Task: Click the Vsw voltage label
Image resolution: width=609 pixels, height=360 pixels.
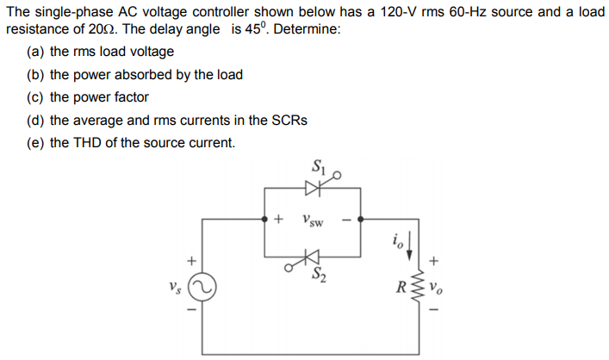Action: coord(313,220)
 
